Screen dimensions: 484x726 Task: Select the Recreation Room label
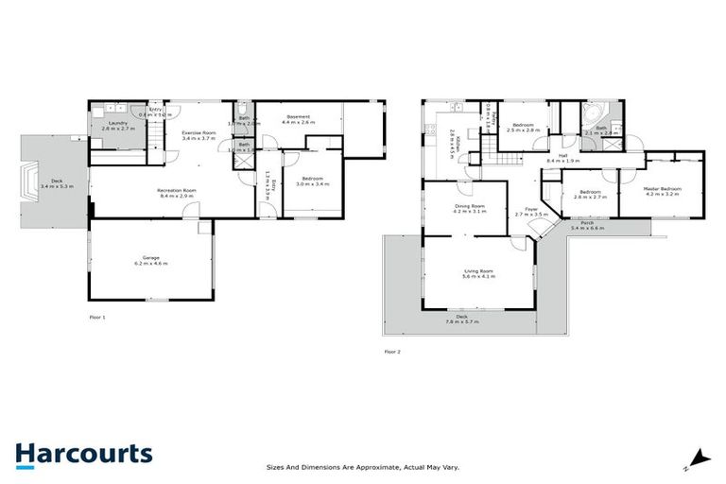pyautogui.click(x=176, y=193)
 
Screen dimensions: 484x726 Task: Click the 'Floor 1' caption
pyautogui.click(x=96, y=317)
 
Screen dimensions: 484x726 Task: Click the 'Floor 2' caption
pyautogui.click(x=392, y=351)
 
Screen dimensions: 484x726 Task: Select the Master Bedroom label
pyautogui.click(x=662, y=191)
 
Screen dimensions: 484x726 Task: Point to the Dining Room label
pyautogui.click(x=469, y=208)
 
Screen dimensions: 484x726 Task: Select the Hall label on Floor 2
pyautogui.click(x=562, y=158)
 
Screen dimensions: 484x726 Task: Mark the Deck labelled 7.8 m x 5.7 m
pyautogui.click(x=462, y=320)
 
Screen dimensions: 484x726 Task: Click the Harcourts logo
pyautogui.click(x=83, y=454)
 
